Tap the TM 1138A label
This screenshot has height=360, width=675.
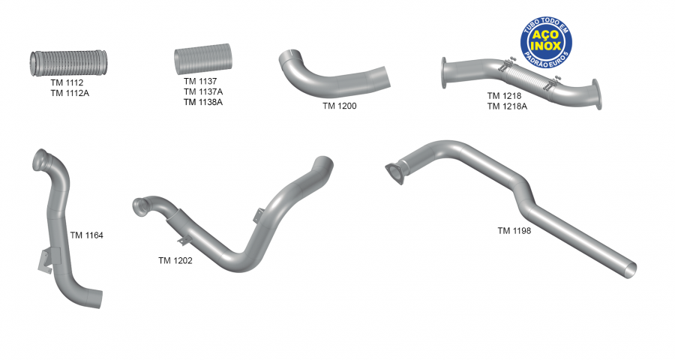pyautogui.click(x=202, y=102)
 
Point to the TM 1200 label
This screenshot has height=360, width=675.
pyautogui.click(x=339, y=106)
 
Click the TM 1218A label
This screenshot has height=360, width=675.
pyautogui.click(x=507, y=106)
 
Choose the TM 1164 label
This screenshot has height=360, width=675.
pyautogui.click(x=86, y=235)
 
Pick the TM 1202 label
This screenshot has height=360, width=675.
pyautogui.click(x=175, y=261)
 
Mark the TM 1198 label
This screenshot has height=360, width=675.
pyautogui.click(x=514, y=231)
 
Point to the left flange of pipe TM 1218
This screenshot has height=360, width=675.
pyautogui.click(x=445, y=70)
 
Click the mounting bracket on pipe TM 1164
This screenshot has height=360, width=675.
pyautogui.click(x=47, y=257)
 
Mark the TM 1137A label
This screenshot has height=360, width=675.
pyautogui.click(x=202, y=91)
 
